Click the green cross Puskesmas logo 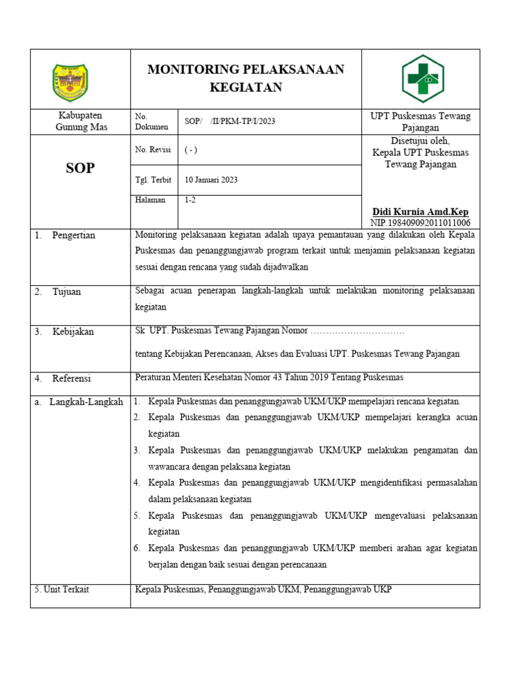click(421, 79)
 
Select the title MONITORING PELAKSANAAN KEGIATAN click(246, 79)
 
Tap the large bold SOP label click(80, 169)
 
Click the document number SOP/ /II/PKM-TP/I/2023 click(230, 121)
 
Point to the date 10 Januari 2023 click(211, 180)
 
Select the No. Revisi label click(153, 150)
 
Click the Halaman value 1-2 click(190, 200)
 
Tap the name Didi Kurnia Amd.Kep click(420, 212)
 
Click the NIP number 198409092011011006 click(420, 222)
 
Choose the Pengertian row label click(73, 235)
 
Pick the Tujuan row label click(67, 292)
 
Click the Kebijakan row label click(73, 332)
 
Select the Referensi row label click(71, 378)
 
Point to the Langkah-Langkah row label click(86, 402)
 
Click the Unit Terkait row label click(61, 589)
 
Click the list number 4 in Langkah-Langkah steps click(136, 482)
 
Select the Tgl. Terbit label click(153, 180)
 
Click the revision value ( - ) click(191, 151)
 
